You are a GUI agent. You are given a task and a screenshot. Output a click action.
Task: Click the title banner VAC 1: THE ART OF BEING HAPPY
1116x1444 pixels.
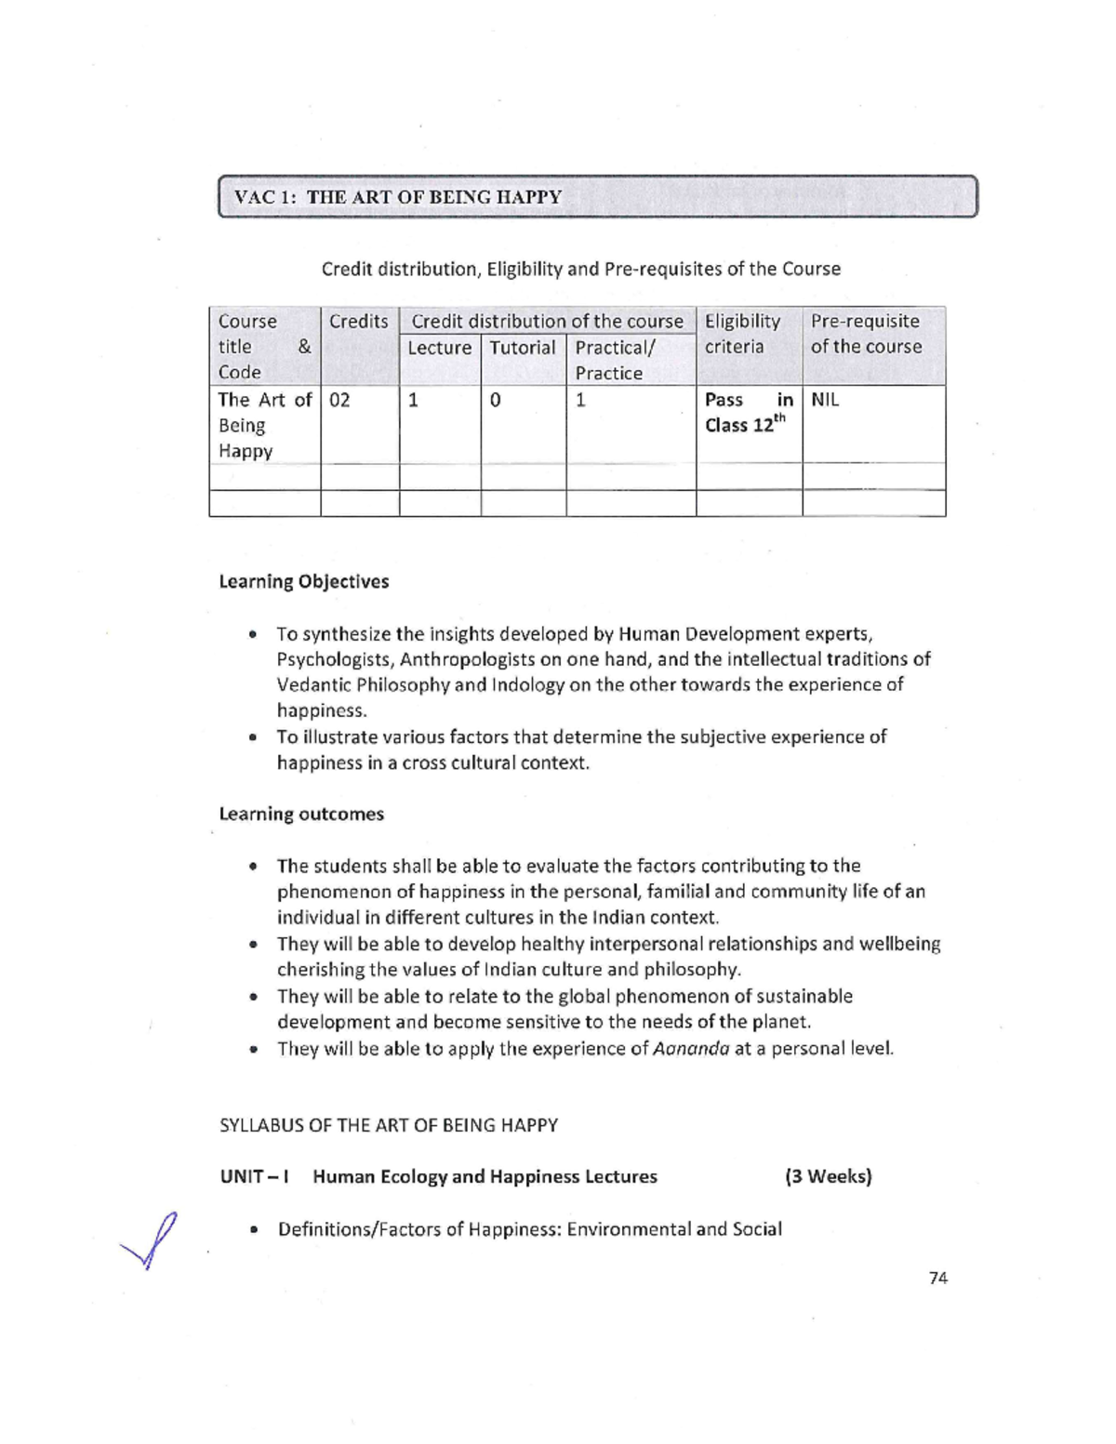coord(597,196)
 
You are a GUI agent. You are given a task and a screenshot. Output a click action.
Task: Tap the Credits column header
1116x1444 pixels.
coord(359,322)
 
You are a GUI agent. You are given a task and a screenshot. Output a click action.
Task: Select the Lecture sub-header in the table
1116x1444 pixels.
coord(439,348)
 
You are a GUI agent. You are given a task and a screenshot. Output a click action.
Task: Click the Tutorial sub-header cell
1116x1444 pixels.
coord(523,348)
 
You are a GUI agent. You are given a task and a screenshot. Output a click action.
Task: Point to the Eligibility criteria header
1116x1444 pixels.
coord(742,334)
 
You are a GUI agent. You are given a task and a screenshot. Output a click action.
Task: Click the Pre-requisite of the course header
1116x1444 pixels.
coord(866,334)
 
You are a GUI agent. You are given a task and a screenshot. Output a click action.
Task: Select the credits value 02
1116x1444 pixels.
coord(339,400)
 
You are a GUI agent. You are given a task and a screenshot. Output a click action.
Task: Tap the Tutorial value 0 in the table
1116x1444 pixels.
coord(495,400)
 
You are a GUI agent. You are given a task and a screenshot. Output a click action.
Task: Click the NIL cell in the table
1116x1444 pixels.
coord(825,400)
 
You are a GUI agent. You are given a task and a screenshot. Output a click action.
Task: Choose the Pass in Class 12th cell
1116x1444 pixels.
coord(748,412)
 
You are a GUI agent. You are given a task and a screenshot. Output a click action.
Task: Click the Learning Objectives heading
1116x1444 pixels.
coord(304,582)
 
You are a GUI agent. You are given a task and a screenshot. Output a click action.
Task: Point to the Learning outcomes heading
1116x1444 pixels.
coord(301,815)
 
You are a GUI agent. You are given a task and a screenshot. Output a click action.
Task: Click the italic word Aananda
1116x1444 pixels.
coord(691,1049)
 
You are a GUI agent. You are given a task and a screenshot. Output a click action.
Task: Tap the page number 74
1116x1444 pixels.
coord(937,1278)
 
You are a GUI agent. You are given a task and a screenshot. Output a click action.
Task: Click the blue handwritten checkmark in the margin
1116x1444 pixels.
coord(151,1242)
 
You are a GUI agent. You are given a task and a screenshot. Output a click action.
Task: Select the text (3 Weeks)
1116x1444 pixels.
coord(828,1176)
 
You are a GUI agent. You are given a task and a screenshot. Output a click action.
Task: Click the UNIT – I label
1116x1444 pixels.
coord(254,1176)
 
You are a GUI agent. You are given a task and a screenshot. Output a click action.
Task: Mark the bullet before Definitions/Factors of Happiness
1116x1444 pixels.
coord(253,1230)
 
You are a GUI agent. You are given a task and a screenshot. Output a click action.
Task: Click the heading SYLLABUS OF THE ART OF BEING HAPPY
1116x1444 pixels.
coord(389,1125)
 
